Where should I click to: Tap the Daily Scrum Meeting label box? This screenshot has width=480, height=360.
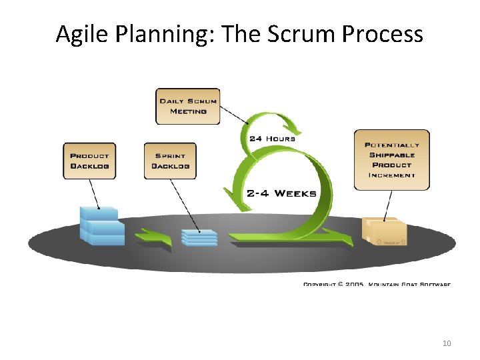click(x=187, y=106)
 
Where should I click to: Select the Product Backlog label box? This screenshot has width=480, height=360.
click(x=89, y=160)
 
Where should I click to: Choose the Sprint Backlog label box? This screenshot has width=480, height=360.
click(x=170, y=160)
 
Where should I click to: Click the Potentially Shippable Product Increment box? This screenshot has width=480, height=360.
click(x=391, y=159)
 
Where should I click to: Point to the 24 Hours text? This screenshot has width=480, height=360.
click(x=272, y=139)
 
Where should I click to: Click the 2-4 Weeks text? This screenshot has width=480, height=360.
click(x=281, y=193)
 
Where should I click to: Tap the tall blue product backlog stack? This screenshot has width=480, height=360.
click(x=101, y=226)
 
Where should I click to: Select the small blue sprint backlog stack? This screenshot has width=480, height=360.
click(x=199, y=237)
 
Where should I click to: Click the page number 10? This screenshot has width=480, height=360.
click(x=447, y=343)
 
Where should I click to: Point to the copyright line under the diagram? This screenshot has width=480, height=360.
click(x=377, y=284)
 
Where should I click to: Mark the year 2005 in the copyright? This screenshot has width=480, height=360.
click(x=354, y=284)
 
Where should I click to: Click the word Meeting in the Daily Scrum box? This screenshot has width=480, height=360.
click(x=188, y=111)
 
